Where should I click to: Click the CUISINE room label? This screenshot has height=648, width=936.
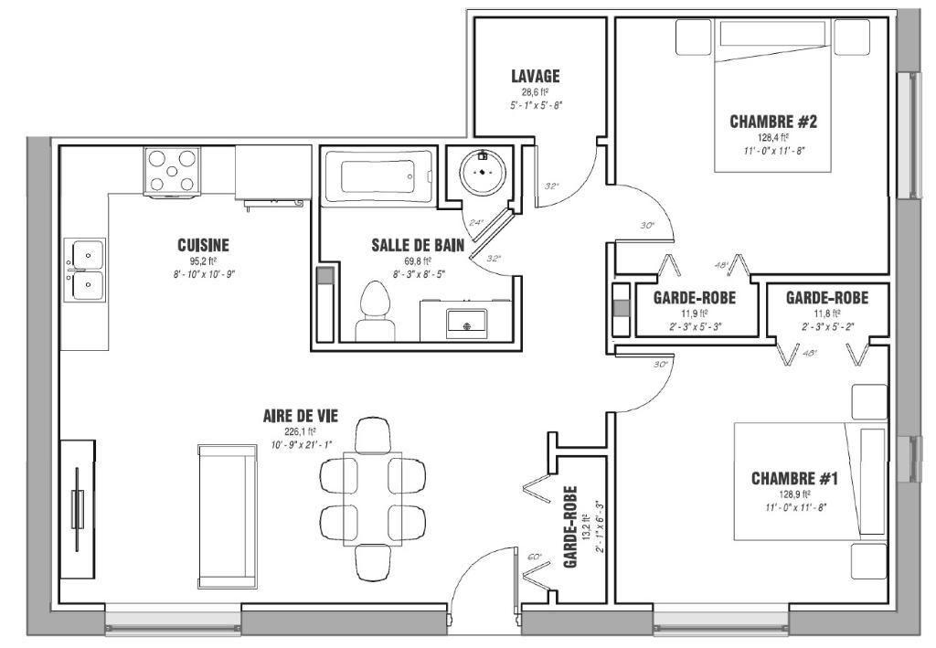pos(203,245)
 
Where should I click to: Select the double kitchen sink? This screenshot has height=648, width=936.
pos(83,270)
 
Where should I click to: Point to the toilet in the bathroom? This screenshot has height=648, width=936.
pos(372,310)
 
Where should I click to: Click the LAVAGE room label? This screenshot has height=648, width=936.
pos(535,77)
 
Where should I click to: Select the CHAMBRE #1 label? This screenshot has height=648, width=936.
pos(794,478)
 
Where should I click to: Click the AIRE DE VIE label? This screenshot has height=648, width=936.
pos(300,416)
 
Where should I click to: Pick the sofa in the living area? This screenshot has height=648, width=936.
pos(227,515)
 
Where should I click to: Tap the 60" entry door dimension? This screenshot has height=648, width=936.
pos(535,557)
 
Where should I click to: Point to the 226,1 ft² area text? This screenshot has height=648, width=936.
pos(300,431)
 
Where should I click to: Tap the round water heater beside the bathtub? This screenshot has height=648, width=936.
pos(481,169)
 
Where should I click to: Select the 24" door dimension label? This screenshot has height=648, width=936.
pos(475,222)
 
